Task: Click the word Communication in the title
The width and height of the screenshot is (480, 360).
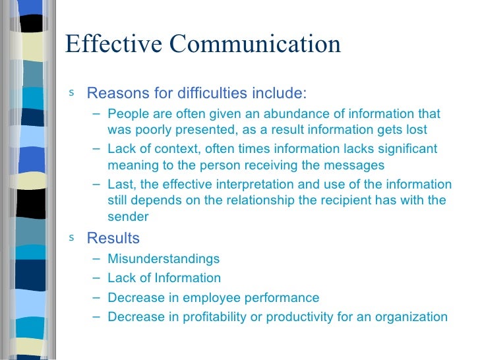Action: (x=256, y=44)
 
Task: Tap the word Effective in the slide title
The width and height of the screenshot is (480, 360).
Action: (x=113, y=44)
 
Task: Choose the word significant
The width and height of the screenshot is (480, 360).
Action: (x=405, y=150)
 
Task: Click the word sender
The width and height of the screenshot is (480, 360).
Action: (x=128, y=216)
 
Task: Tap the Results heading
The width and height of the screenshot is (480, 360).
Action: (x=113, y=238)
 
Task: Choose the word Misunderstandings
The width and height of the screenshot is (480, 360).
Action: (x=164, y=259)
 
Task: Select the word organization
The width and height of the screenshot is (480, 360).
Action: (x=411, y=316)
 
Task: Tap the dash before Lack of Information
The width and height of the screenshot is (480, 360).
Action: (x=98, y=278)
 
